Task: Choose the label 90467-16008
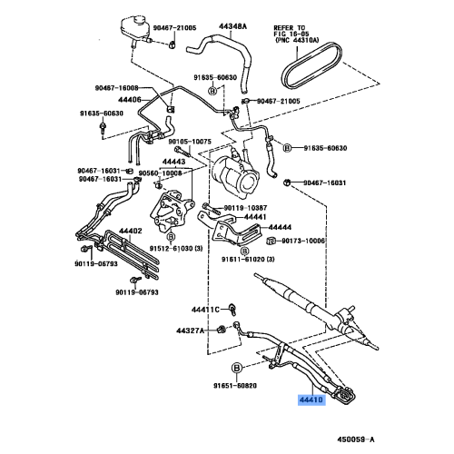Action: [x=116, y=86]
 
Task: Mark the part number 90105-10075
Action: [x=189, y=142]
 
